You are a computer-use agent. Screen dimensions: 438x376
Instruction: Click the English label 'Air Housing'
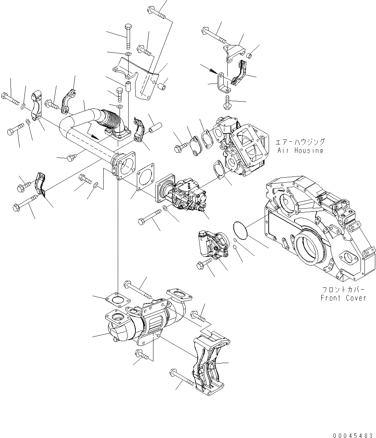pos(300,151)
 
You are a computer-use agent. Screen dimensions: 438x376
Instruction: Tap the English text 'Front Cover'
pos(343,298)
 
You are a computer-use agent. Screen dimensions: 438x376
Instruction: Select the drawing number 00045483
pos(353,435)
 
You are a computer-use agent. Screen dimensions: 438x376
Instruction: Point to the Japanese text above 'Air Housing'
pos(300,142)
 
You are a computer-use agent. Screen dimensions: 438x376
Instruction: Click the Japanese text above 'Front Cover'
pos(343,290)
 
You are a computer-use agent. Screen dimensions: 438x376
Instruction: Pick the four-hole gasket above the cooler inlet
pos(117,300)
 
